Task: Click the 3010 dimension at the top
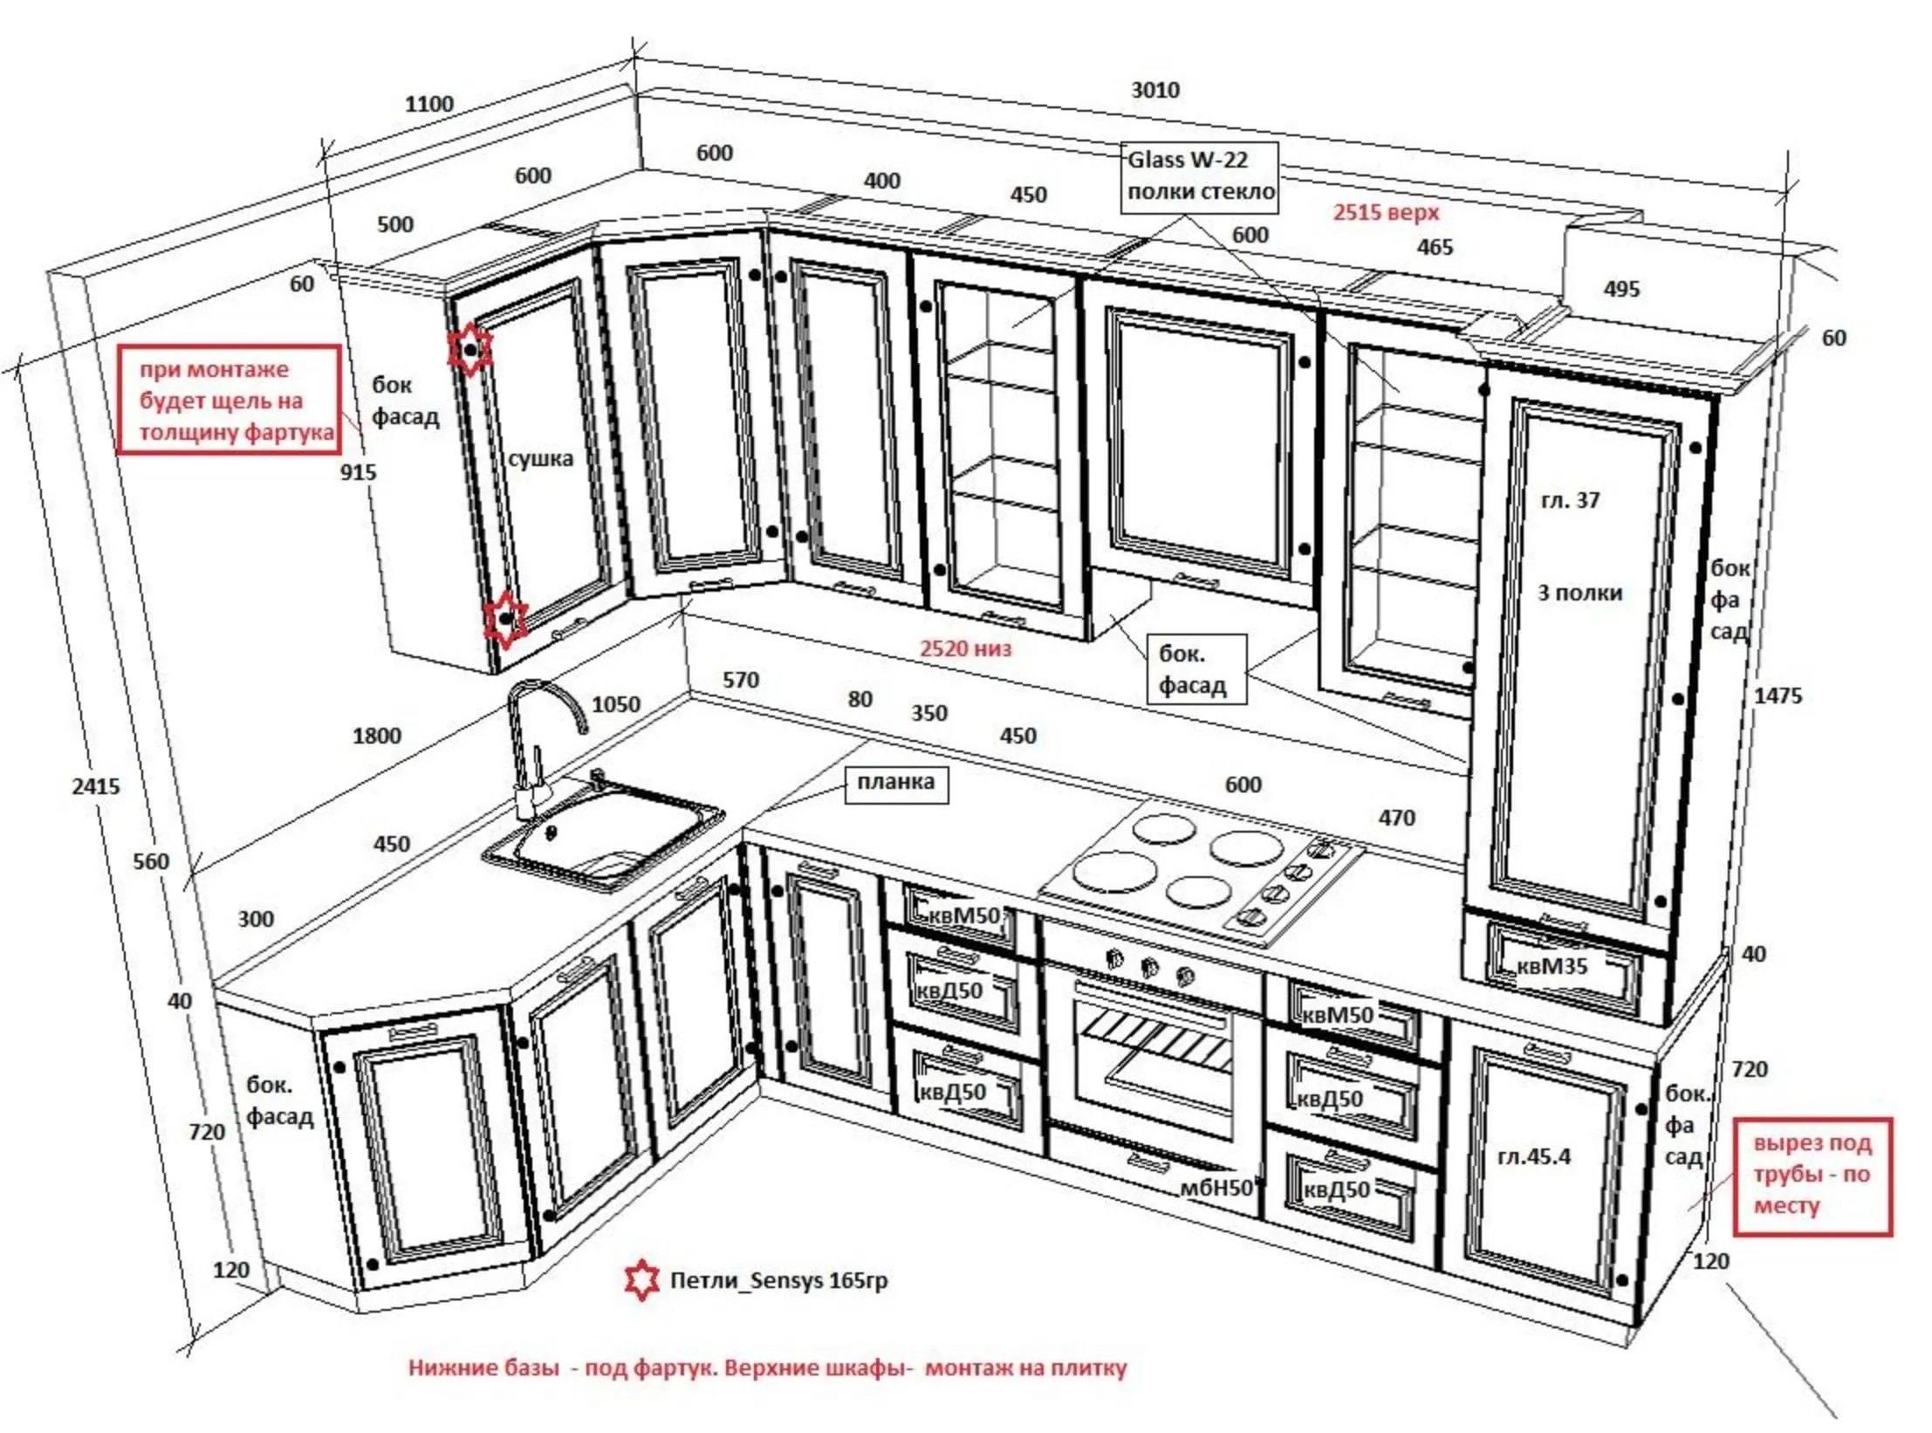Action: coord(1154,90)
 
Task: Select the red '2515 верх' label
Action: coord(1386,212)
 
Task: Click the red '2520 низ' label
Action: coord(965,648)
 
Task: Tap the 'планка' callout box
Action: coord(896,783)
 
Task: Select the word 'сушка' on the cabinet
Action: coord(540,459)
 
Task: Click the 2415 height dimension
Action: coord(96,786)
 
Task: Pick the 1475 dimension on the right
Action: coord(1778,696)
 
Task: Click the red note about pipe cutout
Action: coord(1812,1175)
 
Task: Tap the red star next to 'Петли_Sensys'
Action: coord(642,1280)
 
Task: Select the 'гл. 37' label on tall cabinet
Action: coord(1570,500)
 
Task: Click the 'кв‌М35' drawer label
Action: coord(1551,966)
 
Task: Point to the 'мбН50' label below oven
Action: coord(1216,1188)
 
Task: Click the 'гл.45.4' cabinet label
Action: coord(1533,1156)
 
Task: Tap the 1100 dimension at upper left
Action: coord(429,104)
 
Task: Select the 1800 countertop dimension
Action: coord(377,736)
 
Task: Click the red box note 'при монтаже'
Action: coord(229,400)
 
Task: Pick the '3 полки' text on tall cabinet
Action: coord(1579,593)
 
